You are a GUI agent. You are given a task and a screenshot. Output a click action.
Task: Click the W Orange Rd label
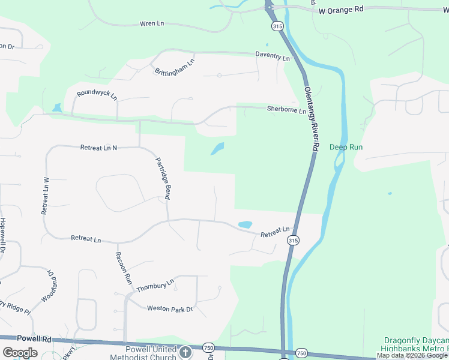coord(341,10)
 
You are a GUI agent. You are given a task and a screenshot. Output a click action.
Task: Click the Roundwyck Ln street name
coord(97,94)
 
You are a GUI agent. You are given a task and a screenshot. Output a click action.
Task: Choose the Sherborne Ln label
coord(286,110)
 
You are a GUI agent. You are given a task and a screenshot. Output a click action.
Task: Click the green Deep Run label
coord(346,147)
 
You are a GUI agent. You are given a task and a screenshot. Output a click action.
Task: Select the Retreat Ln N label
coord(98,147)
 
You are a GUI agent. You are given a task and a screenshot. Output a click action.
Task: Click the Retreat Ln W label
coord(44,196)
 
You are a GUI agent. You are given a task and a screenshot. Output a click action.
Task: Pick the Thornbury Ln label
coord(154,285)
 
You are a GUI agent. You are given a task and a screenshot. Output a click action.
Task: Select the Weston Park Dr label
coord(170,308)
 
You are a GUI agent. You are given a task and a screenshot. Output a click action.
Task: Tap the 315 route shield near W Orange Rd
coord(276,26)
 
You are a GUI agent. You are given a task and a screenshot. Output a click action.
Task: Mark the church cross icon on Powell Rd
coord(185,352)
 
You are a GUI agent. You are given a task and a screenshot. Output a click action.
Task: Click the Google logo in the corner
coord(20,353)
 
